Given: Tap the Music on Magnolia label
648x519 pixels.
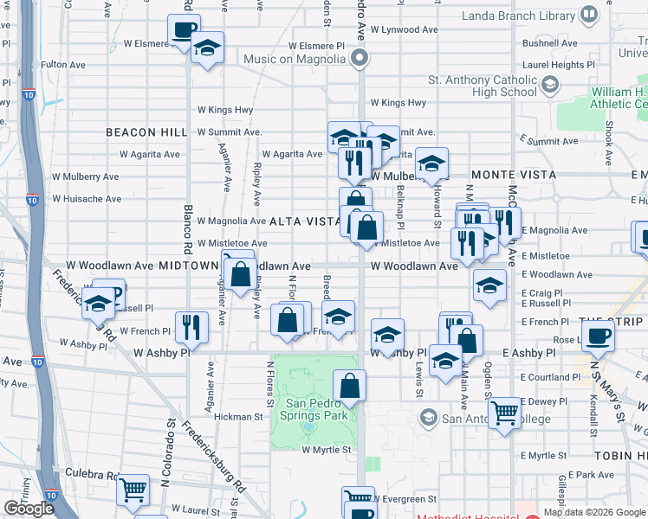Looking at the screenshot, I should click(295, 59).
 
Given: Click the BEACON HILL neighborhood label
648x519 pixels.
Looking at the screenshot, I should click(146, 132).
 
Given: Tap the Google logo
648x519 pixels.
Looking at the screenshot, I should click(29, 509).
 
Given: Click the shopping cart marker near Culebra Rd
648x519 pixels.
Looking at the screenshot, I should click(133, 490).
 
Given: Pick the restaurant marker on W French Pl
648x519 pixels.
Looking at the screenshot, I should click(191, 326).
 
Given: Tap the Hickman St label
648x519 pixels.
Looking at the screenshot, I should click(238, 417).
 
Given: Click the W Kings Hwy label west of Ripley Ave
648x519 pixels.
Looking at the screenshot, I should click(225, 110).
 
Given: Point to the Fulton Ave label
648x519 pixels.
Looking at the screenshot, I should click(63, 64).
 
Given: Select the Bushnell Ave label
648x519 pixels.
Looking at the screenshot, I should click(549, 42).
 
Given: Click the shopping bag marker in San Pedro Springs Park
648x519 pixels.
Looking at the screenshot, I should click(349, 386).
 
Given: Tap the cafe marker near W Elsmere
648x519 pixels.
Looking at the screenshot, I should click(184, 30).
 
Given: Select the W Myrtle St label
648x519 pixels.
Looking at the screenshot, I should click(326, 449).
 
